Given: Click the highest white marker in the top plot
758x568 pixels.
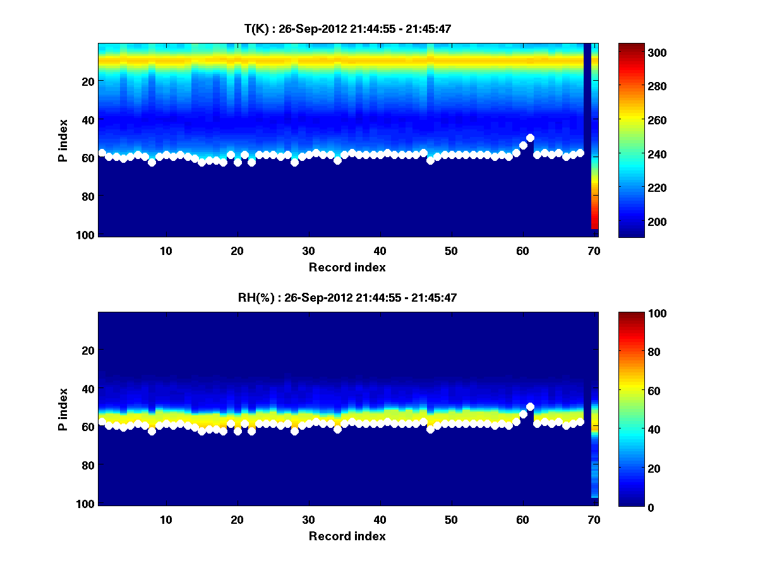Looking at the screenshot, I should pyautogui.click(x=530, y=138).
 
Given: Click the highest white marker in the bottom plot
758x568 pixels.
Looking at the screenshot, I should pyautogui.click(x=530, y=406).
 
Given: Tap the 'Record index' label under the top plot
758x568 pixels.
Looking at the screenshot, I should pyautogui.click(x=347, y=268).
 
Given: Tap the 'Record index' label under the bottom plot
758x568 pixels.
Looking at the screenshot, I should pyautogui.click(x=347, y=536).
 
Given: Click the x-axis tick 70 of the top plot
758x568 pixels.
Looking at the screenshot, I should pyautogui.click(x=594, y=251).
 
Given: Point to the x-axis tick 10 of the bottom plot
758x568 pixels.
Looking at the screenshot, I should pyautogui.click(x=165, y=519).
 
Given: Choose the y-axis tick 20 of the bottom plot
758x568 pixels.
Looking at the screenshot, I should pyautogui.click(x=88, y=350).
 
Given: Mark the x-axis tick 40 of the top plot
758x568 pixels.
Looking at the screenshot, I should pyautogui.click(x=380, y=251).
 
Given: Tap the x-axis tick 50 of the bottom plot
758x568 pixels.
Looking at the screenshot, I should pyautogui.click(x=451, y=519).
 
